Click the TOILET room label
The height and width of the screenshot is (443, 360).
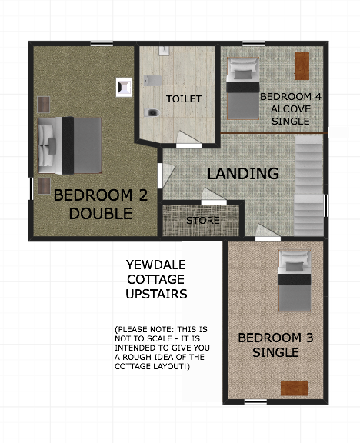[184, 99]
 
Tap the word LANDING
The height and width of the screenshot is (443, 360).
[243, 174]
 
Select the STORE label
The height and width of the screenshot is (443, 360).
[203, 221]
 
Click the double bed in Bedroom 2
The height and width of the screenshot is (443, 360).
[70, 145]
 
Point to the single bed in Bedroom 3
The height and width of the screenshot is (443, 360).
[295, 281]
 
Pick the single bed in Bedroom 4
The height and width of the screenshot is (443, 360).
[243, 88]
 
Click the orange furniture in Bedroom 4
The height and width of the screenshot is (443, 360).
[302, 66]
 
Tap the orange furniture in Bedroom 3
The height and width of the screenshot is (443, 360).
[295, 388]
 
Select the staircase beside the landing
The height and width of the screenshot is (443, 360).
[309, 185]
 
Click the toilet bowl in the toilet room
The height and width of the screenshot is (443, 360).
[152, 113]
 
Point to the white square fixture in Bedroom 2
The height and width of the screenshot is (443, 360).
[124, 88]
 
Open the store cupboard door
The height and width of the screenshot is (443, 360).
[213, 196]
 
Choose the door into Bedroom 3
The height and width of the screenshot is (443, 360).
[268, 233]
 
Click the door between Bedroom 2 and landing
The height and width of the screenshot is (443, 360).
[165, 175]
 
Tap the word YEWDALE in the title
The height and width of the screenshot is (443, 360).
[156, 265]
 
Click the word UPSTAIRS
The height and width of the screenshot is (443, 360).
[156, 294]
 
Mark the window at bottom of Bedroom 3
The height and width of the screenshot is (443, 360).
[255, 402]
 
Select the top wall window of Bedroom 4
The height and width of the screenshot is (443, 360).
[254, 44]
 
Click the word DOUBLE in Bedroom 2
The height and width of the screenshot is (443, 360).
[101, 214]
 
